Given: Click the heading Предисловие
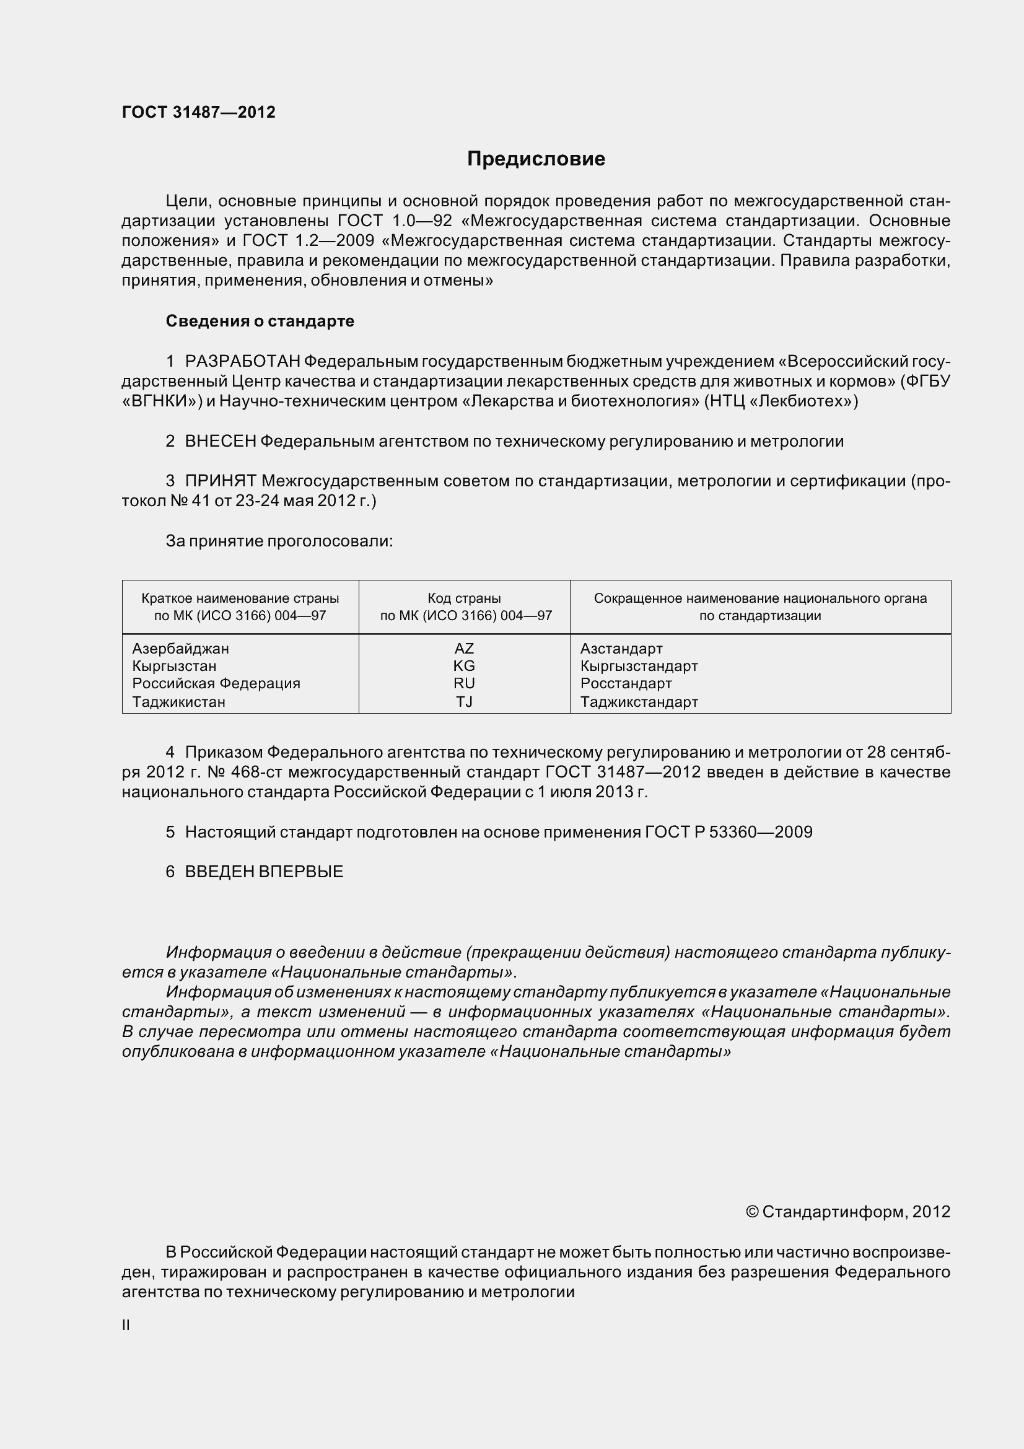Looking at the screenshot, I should pyautogui.click(x=536, y=159).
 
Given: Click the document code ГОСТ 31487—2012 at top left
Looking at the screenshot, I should pyautogui.click(x=199, y=112).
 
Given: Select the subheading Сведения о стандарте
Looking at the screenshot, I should pyautogui.click(x=260, y=322).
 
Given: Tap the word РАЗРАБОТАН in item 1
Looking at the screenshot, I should pyautogui.click(x=242, y=362).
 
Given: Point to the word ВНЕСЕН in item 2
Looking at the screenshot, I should pyautogui.click(x=220, y=441).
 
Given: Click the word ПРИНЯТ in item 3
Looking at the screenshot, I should pyautogui.click(x=220, y=481).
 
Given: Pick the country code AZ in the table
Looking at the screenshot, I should pyautogui.click(x=464, y=649).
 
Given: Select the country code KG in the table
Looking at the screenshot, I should pyautogui.click(x=464, y=666).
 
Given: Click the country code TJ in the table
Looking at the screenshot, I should pyautogui.click(x=464, y=702).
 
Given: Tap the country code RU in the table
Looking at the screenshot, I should pyautogui.click(x=464, y=683).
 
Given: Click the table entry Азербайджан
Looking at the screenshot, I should pyautogui.click(x=180, y=649).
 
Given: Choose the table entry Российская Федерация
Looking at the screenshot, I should pyautogui.click(x=216, y=683).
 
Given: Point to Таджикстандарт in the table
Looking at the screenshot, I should pyautogui.click(x=639, y=702).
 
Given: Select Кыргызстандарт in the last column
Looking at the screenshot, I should pyautogui.click(x=639, y=666).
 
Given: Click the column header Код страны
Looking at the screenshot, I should pyautogui.click(x=464, y=598).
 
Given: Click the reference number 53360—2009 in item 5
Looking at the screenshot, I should pyautogui.click(x=760, y=833).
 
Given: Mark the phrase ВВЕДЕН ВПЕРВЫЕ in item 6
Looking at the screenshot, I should pyautogui.click(x=264, y=872).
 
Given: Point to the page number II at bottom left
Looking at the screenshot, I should pyautogui.click(x=126, y=1325).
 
